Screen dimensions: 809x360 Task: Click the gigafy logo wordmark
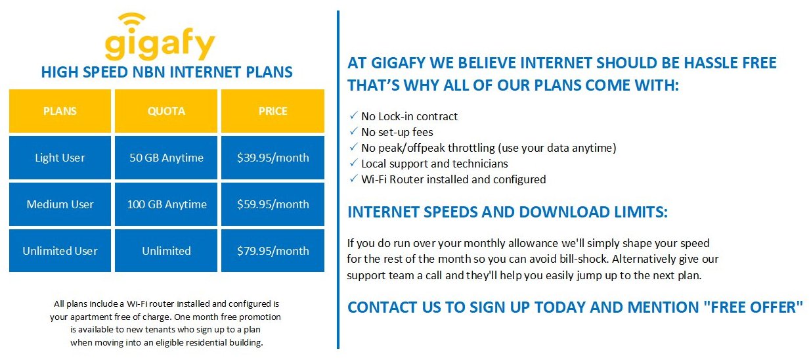click(160, 45)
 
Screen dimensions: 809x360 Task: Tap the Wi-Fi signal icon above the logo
click(132, 22)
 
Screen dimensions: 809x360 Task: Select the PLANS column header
click(60, 111)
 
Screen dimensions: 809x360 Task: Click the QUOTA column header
click(166, 111)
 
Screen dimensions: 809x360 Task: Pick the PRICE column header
click(273, 111)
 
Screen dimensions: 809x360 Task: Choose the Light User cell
click(60, 158)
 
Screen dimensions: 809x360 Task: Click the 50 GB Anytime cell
click(166, 158)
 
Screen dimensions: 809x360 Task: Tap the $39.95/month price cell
click(273, 158)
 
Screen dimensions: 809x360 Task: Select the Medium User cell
click(60, 204)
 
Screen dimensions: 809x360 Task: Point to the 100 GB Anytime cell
click(166, 204)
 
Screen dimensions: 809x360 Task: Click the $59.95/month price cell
click(273, 204)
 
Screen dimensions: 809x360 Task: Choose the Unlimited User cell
click(60, 250)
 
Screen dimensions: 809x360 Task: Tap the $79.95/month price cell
click(273, 250)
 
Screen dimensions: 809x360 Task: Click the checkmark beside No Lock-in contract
click(353, 116)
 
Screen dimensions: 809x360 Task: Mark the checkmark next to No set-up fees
click(353, 131)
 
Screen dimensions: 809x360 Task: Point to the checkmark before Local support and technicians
click(353, 163)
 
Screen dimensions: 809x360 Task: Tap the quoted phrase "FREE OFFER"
click(753, 307)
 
